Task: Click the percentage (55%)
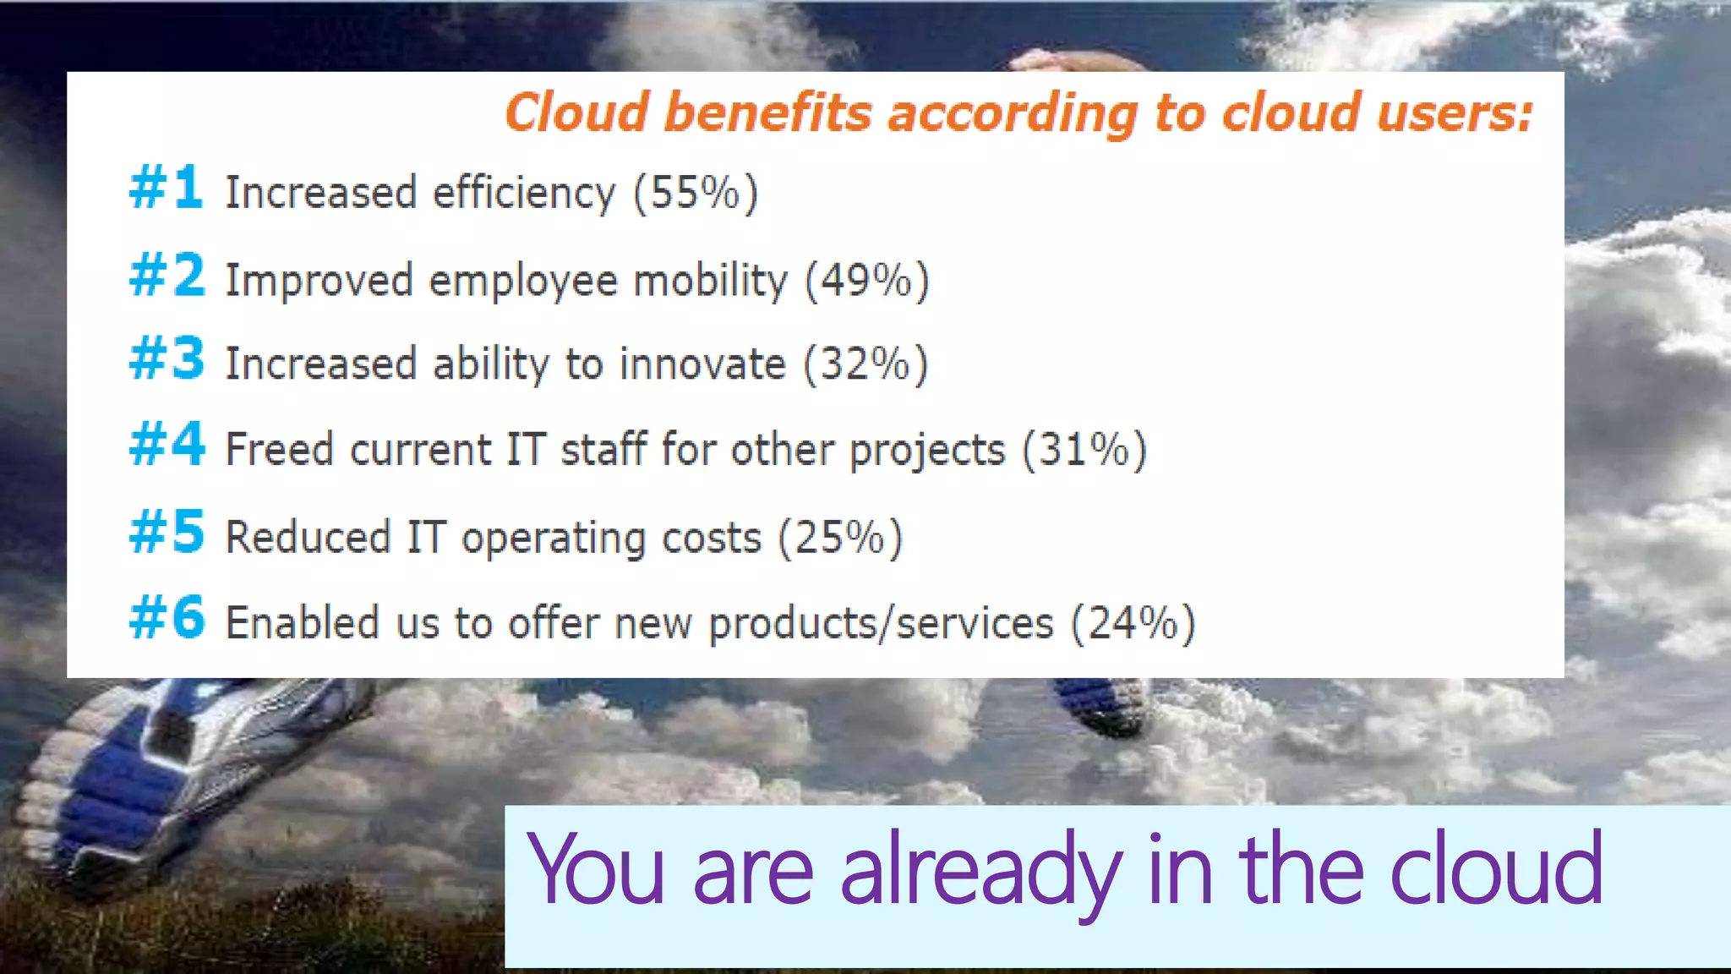696,193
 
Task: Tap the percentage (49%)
866,281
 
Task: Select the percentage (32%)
865,364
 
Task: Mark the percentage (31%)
1084,450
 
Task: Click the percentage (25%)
840,538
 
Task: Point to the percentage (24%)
1133,624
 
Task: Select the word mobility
710,281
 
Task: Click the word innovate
702,364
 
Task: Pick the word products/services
881,624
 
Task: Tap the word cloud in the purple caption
1496,869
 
